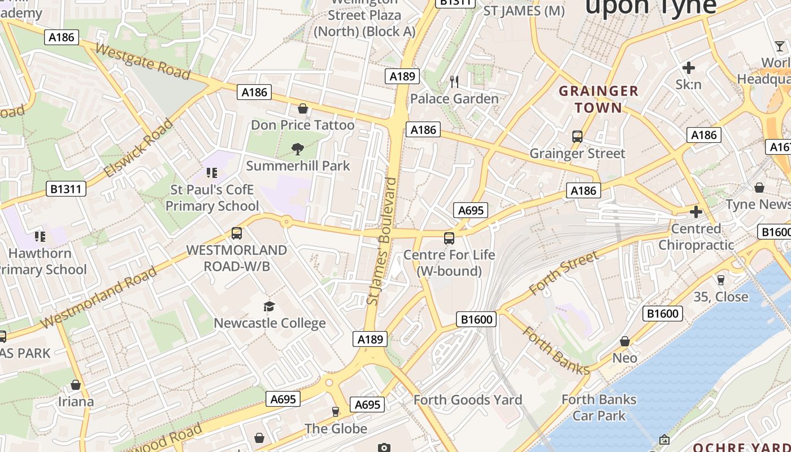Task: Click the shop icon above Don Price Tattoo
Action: pyautogui.click(x=303, y=108)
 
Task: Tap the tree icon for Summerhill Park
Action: pyautogui.click(x=297, y=149)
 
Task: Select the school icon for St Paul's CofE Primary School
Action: pyautogui.click(x=212, y=173)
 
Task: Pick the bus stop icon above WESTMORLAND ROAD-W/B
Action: pyautogui.click(x=237, y=233)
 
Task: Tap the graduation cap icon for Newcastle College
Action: pyautogui.click(x=270, y=307)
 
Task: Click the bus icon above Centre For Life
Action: pyautogui.click(x=449, y=238)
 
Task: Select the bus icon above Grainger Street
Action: pyautogui.click(x=577, y=137)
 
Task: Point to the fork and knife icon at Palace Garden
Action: pyautogui.click(x=454, y=82)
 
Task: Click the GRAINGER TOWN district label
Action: pyautogui.click(x=598, y=99)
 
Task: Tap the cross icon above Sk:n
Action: pyautogui.click(x=688, y=68)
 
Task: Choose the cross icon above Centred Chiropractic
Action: pyautogui.click(x=696, y=212)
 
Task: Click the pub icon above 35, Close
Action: pyautogui.click(x=720, y=280)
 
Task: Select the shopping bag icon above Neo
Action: pyautogui.click(x=625, y=341)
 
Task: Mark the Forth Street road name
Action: pyautogui.click(x=563, y=273)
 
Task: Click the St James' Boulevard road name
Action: pyautogui.click(x=382, y=241)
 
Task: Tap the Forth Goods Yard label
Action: pyautogui.click(x=468, y=400)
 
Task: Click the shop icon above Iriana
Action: pyautogui.click(x=76, y=385)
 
